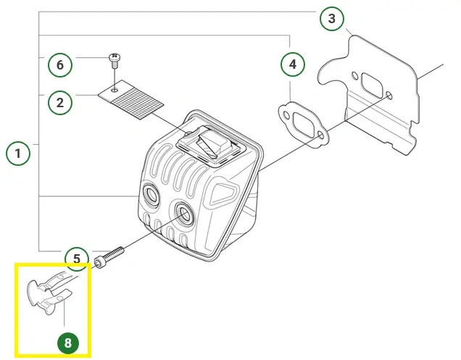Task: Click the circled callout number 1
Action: (18, 154)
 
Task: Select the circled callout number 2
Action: (60, 102)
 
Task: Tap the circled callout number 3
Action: (331, 19)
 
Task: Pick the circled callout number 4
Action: (293, 65)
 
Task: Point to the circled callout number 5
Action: (76, 259)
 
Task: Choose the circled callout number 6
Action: (60, 65)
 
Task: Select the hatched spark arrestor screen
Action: (134, 96)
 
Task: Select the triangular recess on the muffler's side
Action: (222, 192)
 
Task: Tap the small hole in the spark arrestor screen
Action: (115, 89)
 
